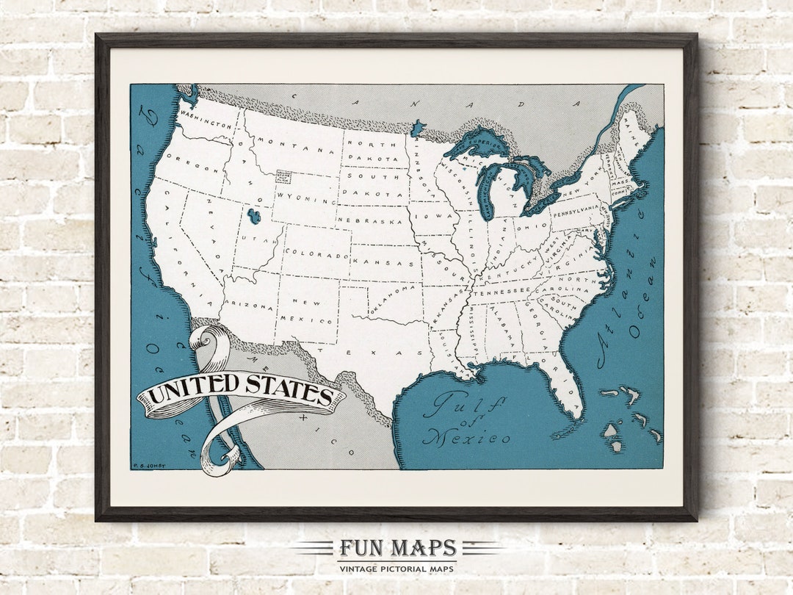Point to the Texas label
(x=376, y=353)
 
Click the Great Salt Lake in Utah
(x=254, y=217)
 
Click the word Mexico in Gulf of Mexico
(x=466, y=438)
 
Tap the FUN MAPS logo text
(x=397, y=548)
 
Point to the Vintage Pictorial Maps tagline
(x=397, y=569)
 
